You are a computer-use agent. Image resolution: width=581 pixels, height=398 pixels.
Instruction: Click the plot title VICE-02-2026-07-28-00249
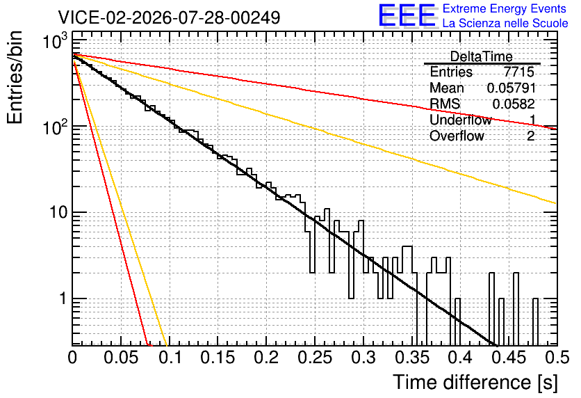tap(170, 17)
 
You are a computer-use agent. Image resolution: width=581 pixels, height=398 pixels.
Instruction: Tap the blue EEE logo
tap(407, 15)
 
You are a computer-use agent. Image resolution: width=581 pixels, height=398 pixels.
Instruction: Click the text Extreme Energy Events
tap(505, 8)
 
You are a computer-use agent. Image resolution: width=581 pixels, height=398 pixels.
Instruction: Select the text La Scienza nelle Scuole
tap(505, 23)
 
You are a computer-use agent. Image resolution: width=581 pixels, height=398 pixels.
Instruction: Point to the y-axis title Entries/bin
tap(15, 77)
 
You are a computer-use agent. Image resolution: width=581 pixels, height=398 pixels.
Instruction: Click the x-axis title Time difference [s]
tap(475, 382)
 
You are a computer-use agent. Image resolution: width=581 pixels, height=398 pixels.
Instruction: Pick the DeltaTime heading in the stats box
tap(482, 56)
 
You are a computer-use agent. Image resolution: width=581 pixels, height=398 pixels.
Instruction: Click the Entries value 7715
tap(518, 72)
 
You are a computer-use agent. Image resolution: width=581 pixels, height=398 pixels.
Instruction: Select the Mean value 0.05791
tap(512, 88)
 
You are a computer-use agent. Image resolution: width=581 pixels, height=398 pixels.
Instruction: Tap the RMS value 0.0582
tap(514, 104)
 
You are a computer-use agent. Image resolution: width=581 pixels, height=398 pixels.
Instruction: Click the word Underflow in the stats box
tap(461, 120)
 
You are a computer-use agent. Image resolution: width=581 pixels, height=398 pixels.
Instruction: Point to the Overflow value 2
tap(530, 136)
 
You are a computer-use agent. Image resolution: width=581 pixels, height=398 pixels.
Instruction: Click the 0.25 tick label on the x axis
tap(315, 358)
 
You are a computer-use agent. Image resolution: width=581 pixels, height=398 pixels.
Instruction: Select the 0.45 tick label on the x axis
tap(509, 358)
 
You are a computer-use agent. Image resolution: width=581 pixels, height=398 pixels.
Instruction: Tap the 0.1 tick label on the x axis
tap(170, 358)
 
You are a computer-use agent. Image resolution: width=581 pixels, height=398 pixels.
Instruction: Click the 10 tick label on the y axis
tap(58, 212)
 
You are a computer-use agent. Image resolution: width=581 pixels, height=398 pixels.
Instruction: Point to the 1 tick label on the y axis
tap(63, 298)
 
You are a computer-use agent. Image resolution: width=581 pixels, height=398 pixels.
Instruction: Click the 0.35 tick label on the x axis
tap(412, 358)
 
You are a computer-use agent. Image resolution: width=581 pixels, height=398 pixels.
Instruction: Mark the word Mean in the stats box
tap(446, 88)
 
